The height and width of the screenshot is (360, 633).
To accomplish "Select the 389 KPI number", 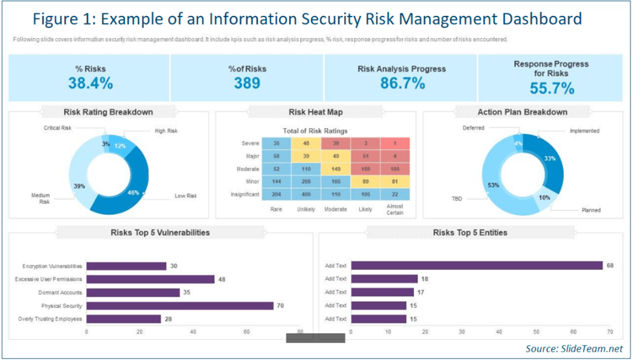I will pyautogui.click(x=248, y=83).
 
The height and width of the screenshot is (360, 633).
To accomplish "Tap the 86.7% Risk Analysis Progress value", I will pyautogui.click(x=402, y=83).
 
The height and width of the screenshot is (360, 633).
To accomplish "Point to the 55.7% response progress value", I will pyautogui.click(x=551, y=88).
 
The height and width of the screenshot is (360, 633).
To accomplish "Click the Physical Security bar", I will pyautogui.click(x=180, y=305).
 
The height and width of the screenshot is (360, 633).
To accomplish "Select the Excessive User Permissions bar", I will pyautogui.click(x=151, y=279).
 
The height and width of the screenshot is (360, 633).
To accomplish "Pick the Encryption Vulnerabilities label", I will pyautogui.click(x=52, y=266).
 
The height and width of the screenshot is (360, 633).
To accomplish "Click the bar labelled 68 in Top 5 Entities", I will pyautogui.click(x=476, y=266).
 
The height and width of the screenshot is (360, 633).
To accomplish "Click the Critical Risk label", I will pyautogui.click(x=58, y=128).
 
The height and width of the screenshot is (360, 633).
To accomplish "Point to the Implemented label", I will pyautogui.click(x=584, y=131).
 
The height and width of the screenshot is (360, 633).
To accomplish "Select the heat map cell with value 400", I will pyautogui.click(x=305, y=194).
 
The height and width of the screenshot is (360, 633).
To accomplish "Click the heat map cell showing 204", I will pyautogui.click(x=276, y=194).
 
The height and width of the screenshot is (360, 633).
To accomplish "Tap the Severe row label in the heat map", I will pyautogui.click(x=250, y=144).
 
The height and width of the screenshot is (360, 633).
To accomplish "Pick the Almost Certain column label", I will pyautogui.click(x=394, y=209).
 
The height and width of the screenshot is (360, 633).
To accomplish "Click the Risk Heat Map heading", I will pyautogui.click(x=315, y=112).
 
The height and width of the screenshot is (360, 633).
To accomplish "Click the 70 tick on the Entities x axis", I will pyautogui.click(x=610, y=331).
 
